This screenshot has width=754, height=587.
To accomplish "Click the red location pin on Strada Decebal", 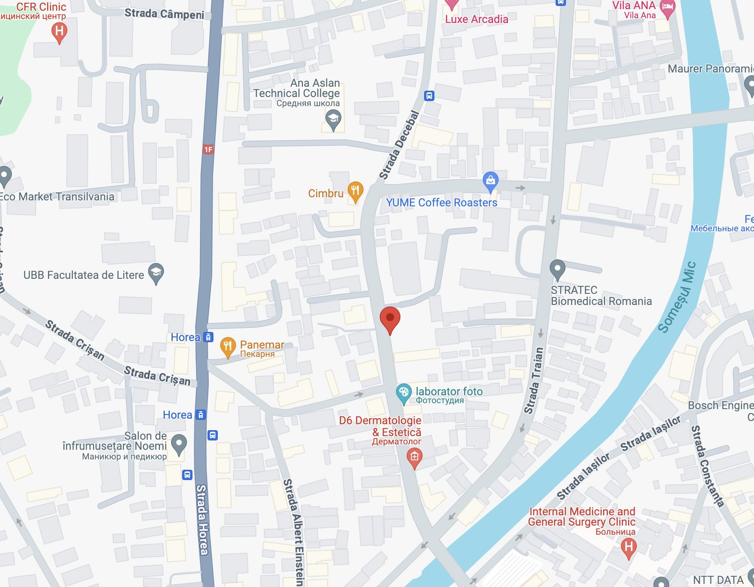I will click(x=390, y=318).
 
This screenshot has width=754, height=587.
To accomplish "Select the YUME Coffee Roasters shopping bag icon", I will click(x=490, y=181).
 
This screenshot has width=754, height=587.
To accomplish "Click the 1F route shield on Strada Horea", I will click(x=208, y=149).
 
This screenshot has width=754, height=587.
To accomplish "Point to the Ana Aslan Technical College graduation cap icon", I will click(x=333, y=119).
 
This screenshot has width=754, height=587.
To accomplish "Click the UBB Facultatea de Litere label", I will click(x=84, y=275).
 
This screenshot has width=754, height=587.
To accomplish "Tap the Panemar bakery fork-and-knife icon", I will click(x=228, y=347).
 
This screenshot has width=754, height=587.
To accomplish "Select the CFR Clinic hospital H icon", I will click(x=59, y=31).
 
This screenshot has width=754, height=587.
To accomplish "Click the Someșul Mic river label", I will click(x=677, y=297).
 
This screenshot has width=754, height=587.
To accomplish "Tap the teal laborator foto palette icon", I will click(x=404, y=393).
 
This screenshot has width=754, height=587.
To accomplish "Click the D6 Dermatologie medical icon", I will click(x=414, y=457).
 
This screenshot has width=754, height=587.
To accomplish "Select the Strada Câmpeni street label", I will click(x=164, y=14).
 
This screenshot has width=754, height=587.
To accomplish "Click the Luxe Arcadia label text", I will click(x=476, y=19).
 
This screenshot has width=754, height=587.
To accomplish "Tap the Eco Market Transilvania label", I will click(x=56, y=197).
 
